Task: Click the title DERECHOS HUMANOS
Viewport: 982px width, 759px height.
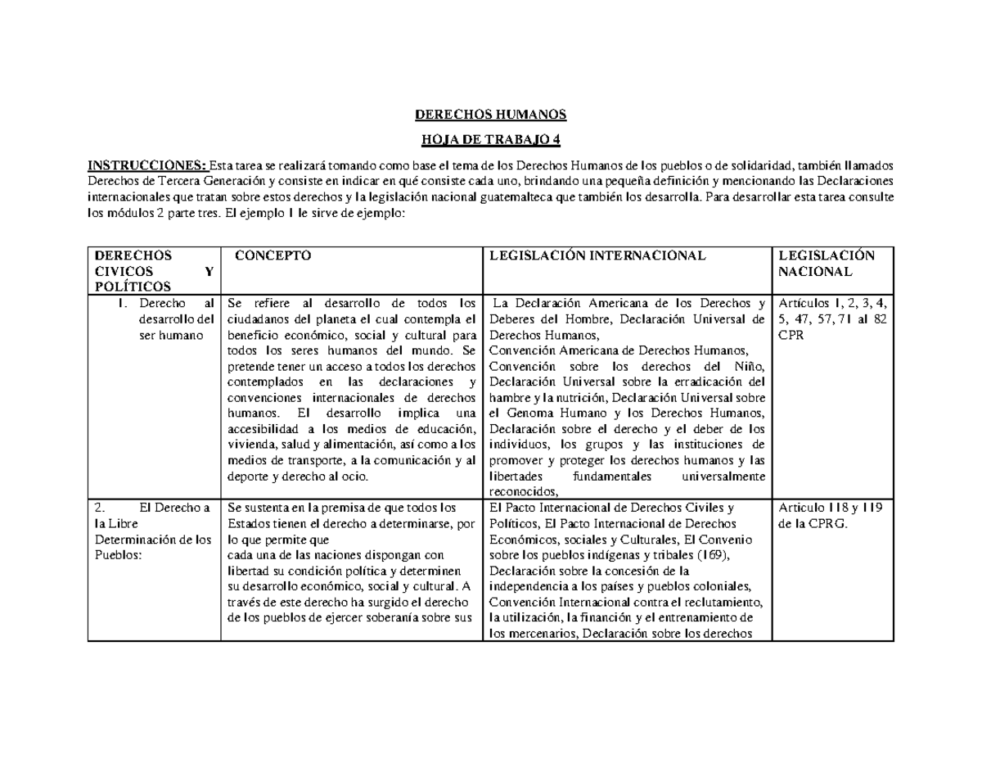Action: click(x=491, y=114)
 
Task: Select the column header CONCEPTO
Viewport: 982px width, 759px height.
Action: click(x=273, y=255)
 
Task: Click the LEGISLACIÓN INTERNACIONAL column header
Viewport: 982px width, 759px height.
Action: click(x=596, y=255)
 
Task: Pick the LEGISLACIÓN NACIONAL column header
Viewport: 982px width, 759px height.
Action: click(x=827, y=263)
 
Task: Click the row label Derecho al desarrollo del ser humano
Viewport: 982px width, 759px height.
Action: click(x=175, y=320)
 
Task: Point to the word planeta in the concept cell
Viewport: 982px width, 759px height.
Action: click(x=327, y=319)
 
